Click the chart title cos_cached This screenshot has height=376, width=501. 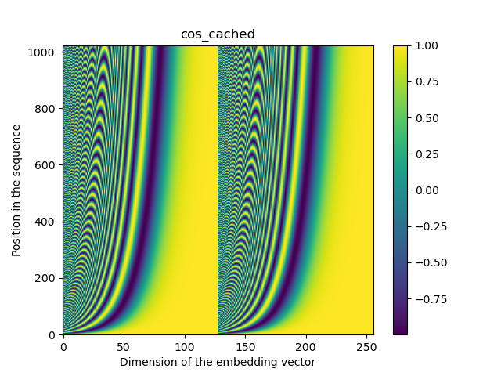pos(218,34)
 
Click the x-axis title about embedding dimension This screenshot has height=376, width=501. pos(218,362)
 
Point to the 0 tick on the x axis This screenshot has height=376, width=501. pos(63,346)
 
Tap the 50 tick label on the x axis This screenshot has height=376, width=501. pos(124,346)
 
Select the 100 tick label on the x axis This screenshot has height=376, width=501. pos(185,346)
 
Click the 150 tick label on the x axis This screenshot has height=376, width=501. pos(246,346)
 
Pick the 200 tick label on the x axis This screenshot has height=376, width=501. pos(306,346)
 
